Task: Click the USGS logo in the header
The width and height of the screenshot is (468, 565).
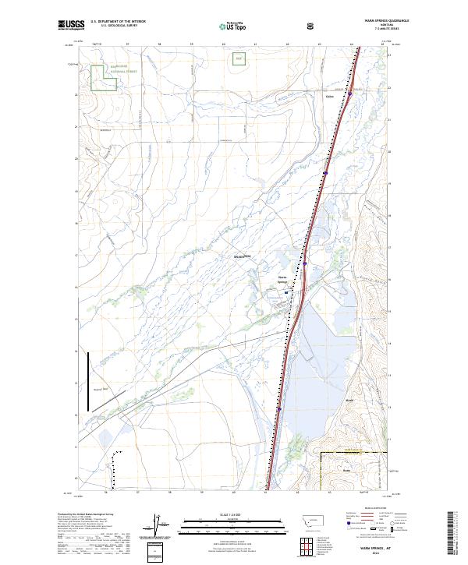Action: pyautogui.click(x=70, y=26)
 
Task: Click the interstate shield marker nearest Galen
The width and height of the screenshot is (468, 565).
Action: pyautogui.click(x=350, y=94)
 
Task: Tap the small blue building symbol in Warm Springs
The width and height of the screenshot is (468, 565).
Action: pyautogui.click(x=285, y=292)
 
